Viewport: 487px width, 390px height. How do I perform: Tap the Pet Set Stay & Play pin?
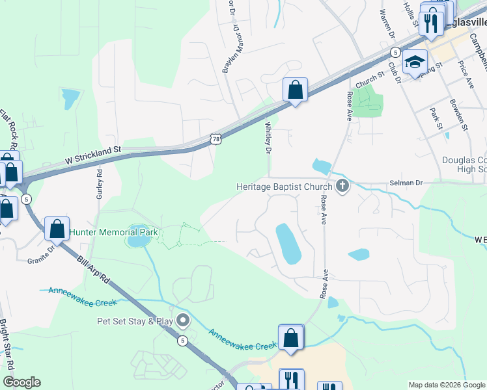coord(183,320)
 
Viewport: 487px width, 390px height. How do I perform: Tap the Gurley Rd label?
coord(100,184)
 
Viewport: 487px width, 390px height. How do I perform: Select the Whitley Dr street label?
coord(268,138)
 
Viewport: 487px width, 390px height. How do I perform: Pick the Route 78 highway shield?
coord(216,138)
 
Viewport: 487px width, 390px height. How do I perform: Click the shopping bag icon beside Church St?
coord(295,90)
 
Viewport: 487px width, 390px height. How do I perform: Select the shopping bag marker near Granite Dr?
coord(57,229)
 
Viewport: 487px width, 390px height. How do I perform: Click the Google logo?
coord(21,382)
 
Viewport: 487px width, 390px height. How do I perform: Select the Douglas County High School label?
coord(464,164)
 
